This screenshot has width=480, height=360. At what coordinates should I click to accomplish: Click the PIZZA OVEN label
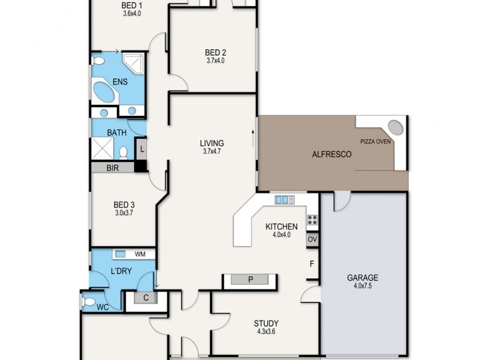coord(376,142)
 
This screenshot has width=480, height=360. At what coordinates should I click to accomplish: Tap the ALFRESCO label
coord(331,154)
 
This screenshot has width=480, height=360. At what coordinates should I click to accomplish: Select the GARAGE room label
coord(362,278)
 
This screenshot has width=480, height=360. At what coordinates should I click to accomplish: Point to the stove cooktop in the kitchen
coord(312,220)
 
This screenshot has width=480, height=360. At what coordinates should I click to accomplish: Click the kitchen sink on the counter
coord(282,199)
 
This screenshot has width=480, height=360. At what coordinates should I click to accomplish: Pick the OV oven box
coord(312,239)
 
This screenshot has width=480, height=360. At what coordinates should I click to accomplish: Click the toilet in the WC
coord(89,302)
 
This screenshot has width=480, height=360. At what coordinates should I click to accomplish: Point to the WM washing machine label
coord(140,255)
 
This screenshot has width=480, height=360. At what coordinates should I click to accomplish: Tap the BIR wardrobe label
coord(112,169)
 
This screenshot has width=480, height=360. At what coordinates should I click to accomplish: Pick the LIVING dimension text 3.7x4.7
coord(212,152)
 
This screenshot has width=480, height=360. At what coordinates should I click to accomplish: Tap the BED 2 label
coord(215,52)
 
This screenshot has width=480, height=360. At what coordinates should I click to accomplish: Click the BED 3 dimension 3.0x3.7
coord(124,213)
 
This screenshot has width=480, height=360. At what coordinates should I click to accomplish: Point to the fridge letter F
coord(311,263)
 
